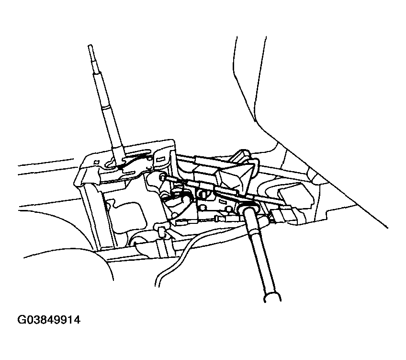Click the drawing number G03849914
49,320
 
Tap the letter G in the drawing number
21,320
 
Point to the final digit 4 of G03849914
77,320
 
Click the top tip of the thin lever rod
90,46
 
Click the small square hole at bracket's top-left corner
96,162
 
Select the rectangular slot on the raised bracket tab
161,158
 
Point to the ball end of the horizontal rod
163,177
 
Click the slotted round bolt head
202,193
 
